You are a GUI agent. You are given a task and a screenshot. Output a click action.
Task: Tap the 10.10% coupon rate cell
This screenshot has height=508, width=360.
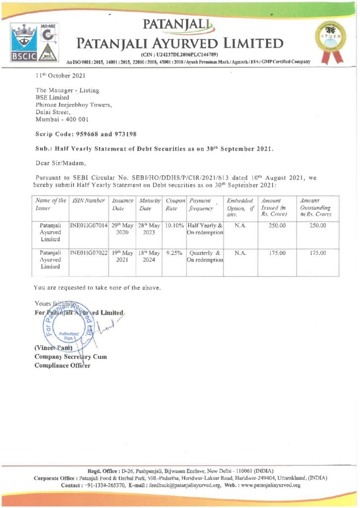click(174, 225)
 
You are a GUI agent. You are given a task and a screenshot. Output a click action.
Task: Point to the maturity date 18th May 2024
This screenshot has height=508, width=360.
click(149, 257)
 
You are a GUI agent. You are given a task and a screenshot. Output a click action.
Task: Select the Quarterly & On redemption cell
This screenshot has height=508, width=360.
click(205, 257)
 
